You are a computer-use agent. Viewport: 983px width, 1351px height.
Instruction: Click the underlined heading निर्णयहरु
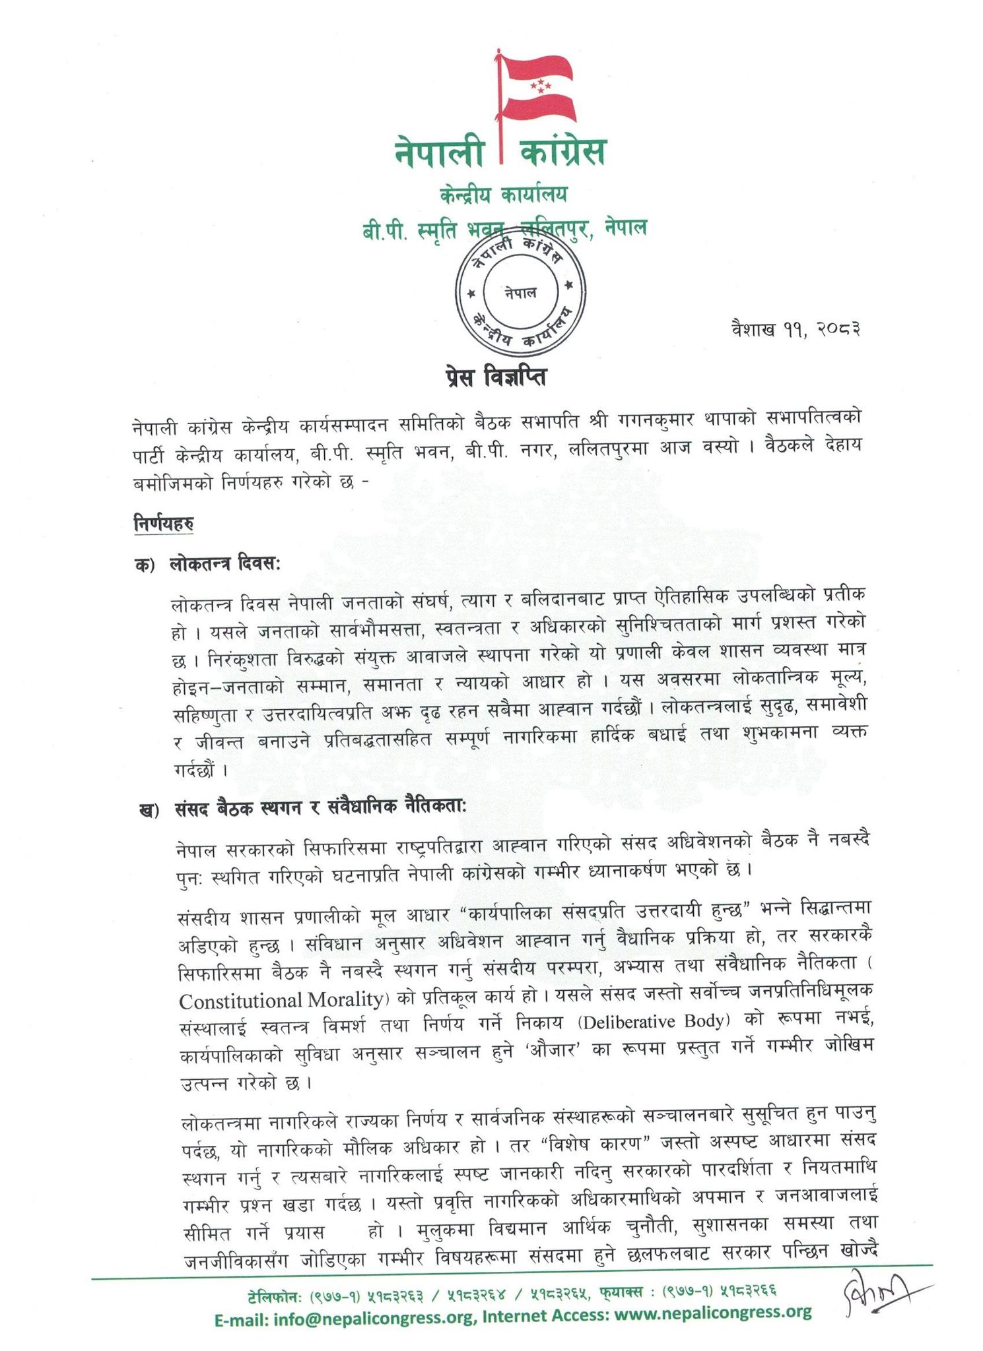pos(163,524)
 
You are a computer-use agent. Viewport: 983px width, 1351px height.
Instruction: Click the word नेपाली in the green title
pos(439,152)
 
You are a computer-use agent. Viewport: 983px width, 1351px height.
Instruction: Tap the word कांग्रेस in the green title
pos(562,152)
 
